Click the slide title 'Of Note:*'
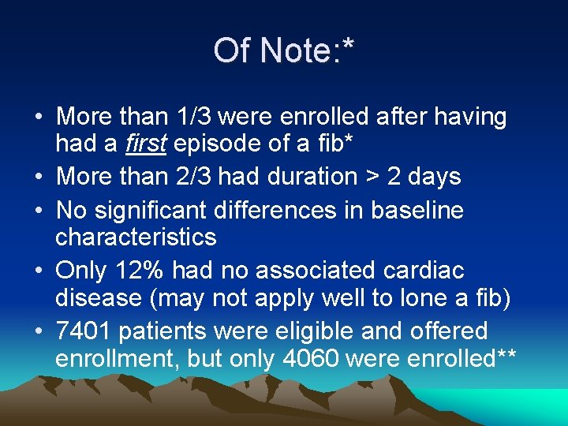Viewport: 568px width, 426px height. click(283, 51)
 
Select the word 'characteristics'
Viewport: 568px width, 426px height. click(136, 237)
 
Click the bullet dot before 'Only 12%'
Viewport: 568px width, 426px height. click(38, 271)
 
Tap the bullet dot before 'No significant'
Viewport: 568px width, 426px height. click(38, 211)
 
